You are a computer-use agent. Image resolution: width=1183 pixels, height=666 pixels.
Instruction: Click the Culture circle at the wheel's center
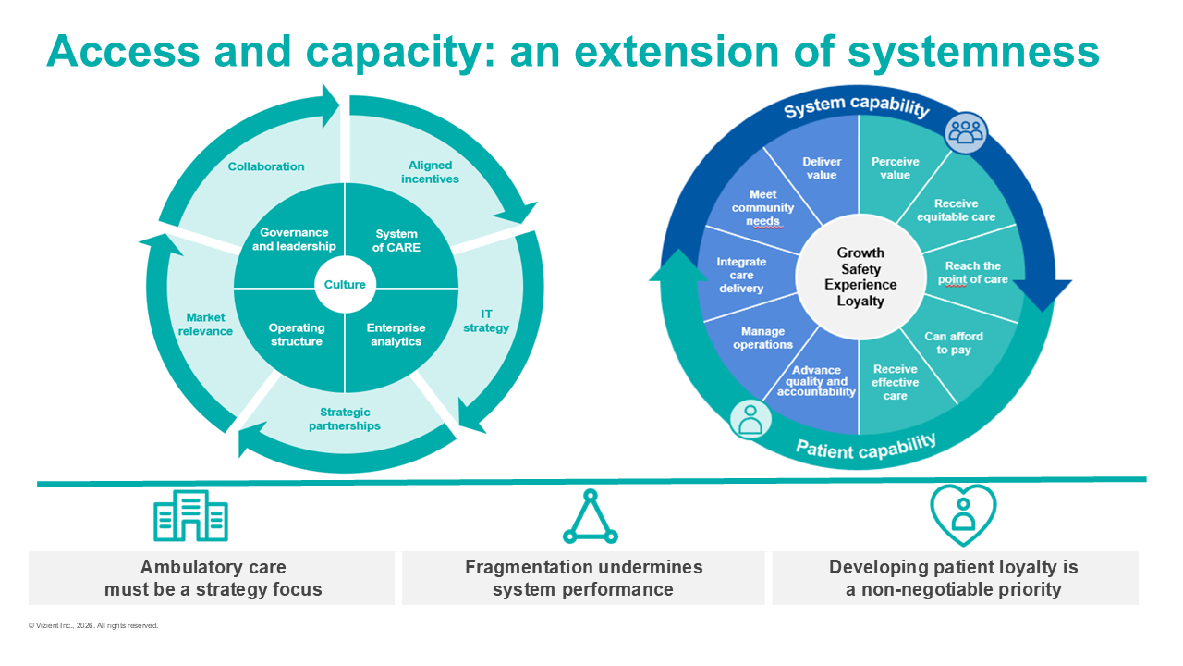pos(345,284)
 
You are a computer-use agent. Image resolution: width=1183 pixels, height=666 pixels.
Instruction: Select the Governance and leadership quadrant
pos(293,240)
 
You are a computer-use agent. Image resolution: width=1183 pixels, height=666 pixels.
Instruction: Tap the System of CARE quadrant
pos(396,240)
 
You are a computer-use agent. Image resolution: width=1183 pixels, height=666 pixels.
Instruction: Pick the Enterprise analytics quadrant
pos(396,334)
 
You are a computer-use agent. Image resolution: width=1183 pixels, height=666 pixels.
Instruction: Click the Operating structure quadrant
pos(296,334)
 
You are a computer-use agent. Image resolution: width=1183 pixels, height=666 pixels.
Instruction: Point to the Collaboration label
pos(266,166)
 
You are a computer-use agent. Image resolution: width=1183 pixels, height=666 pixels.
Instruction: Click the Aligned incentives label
pos(430,172)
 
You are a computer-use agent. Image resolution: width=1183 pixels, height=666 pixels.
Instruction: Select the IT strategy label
pos(487,321)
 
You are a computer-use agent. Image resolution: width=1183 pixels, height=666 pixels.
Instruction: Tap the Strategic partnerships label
pos(345,419)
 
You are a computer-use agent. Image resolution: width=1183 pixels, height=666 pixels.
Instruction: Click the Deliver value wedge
pos(821,168)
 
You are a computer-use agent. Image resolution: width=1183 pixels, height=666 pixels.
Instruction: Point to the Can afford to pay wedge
pos(954,343)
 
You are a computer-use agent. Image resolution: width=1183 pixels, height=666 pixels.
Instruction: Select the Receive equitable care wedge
pos(956,210)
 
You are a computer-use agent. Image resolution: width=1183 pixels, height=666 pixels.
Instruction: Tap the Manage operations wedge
pos(762,338)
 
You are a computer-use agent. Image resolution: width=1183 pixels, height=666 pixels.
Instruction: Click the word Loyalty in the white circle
pos(860,301)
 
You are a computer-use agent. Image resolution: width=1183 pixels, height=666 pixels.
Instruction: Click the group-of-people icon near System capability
pos(965,133)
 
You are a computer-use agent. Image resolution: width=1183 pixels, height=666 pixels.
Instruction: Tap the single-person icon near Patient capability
pos(750,420)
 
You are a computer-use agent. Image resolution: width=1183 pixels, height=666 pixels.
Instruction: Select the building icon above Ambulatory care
pos(190,515)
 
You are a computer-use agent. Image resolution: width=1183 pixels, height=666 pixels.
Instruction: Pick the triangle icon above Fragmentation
pos(590,517)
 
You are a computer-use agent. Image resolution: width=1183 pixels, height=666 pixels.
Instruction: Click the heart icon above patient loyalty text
pos(963,514)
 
